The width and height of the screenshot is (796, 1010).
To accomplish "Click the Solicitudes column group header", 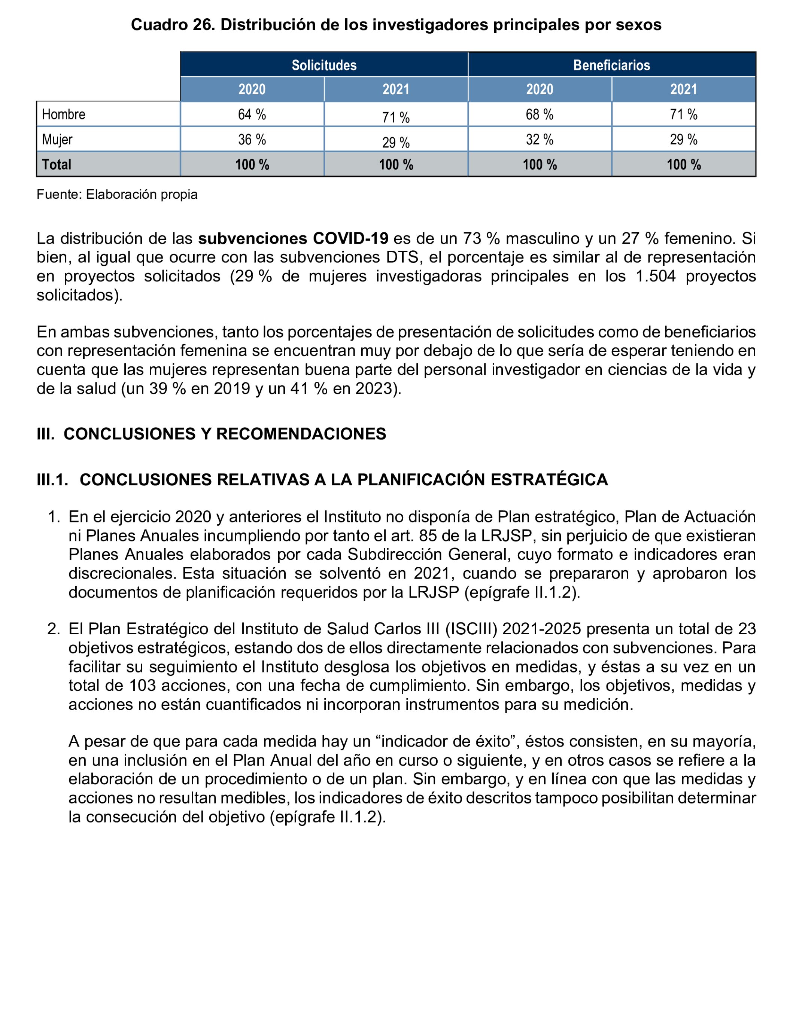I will pyautogui.click(x=324, y=65).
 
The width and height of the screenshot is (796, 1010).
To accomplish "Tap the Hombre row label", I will pyautogui.click(x=64, y=115).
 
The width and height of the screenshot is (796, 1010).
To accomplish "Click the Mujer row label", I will pyautogui.click(x=57, y=139).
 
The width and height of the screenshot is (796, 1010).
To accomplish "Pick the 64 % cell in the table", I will pyautogui.click(x=252, y=115).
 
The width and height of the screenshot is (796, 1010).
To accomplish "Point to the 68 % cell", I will pyautogui.click(x=539, y=115).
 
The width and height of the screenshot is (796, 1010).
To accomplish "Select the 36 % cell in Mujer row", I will pyautogui.click(x=252, y=139).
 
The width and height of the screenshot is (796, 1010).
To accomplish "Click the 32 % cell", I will pyautogui.click(x=539, y=139).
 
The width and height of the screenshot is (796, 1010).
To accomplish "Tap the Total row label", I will pyautogui.click(x=57, y=164).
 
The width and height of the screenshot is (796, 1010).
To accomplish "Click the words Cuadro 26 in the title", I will pyautogui.click(x=173, y=25).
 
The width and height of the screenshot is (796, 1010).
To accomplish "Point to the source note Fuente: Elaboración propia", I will pyautogui.click(x=117, y=194).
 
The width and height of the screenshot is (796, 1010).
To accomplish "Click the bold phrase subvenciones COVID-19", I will pyautogui.click(x=293, y=238).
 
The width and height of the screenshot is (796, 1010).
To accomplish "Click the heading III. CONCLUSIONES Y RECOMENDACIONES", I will pyautogui.click(x=211, y=434).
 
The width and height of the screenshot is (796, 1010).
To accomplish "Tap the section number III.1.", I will pyautogui.click(x=52, y=480).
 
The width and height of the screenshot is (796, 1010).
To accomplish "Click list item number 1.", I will pyautogui.click(x=54, y=517).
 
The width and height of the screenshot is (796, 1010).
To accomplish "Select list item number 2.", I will pyautogui.click(x=54, y=629).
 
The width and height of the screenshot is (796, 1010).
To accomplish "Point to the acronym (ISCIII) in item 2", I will pyautogui.click(x=471, y=629).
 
